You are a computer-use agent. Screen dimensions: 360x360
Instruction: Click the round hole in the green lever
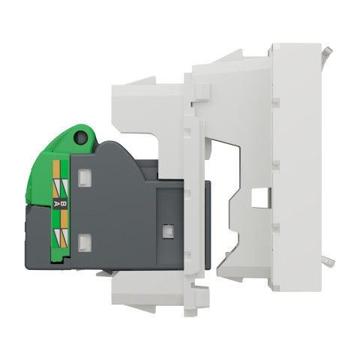(81, 137)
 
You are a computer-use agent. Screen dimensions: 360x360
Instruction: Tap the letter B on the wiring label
(64, 204)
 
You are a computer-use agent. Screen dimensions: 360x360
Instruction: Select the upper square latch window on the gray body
(85, 178)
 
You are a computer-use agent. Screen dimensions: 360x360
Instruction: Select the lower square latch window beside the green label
(85, 242)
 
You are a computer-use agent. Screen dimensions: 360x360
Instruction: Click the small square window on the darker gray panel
(168, 231)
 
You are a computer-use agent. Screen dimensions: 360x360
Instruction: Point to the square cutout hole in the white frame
(261, 197)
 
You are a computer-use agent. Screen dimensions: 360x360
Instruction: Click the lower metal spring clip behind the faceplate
(328, 262)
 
